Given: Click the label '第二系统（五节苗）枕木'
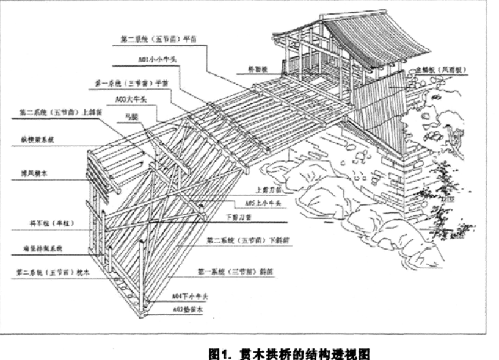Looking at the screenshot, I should coord(50,272).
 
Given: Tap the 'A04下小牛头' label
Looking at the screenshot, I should coord(190,296).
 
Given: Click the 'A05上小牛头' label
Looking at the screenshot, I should coord(263,201).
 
